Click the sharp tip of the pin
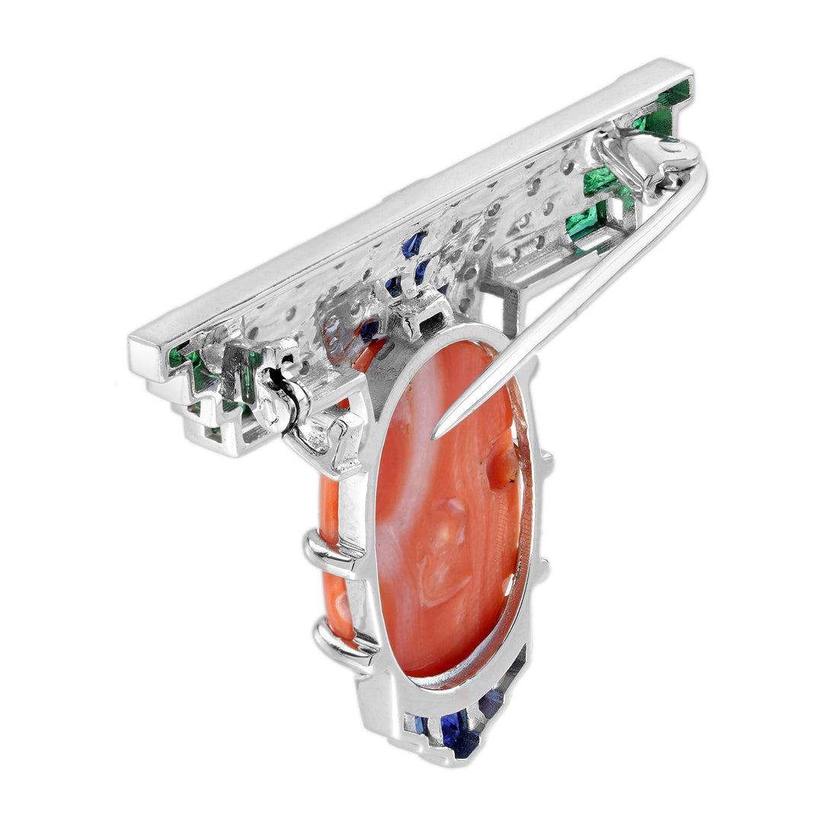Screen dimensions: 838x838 (436, 437)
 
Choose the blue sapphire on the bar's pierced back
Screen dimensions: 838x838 (413, 245)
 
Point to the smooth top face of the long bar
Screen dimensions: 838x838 (411, 206)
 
